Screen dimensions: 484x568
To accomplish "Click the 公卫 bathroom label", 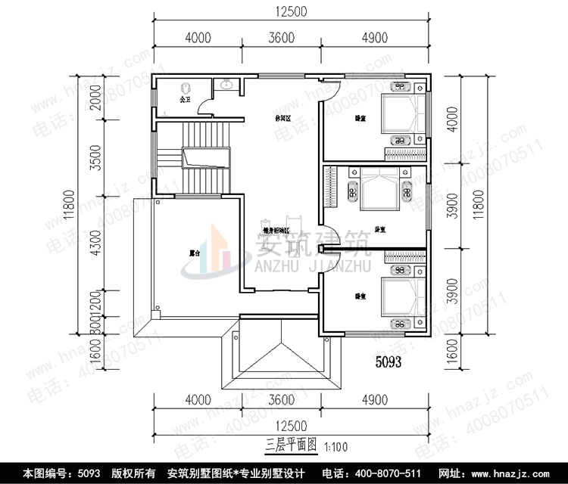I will pyautogui.click(x=183, y=99).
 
